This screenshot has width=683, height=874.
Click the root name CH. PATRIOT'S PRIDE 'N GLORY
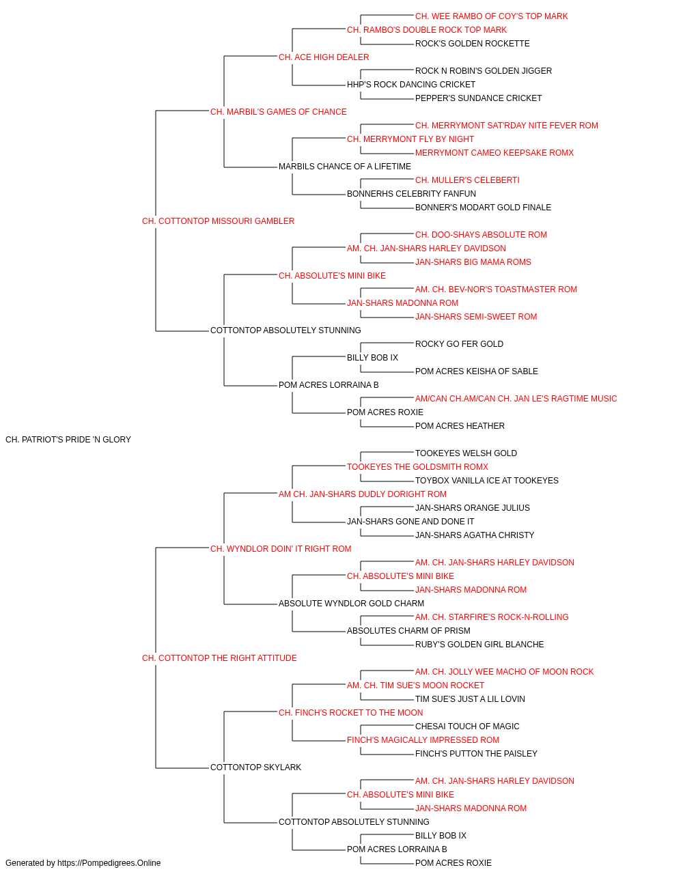pyautogui.click(x=68, y=440)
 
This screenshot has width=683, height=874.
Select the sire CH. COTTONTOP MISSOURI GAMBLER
pyautogui.click(x=218, y=221)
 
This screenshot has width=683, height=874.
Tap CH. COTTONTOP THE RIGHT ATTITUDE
pyautogui.click(x=219, y=658)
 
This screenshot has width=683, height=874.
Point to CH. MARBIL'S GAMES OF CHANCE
pyautogui.click(x=279, y=112)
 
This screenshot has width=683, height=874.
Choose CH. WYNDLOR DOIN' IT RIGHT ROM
pyautogui.click(x=281, y=549)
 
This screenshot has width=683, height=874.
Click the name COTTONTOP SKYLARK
pyautogui.click(x=256, y=767)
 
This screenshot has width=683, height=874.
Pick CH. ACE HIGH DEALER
pyautogui.click(x=324, y=57)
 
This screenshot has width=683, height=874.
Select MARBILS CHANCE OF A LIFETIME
pyautogui.click(x=345, y=167)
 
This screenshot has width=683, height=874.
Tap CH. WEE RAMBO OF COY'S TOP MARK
pyautogui.click(x=492, y=16)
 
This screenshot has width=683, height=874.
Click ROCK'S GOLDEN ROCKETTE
pyautogui.click(x=472, y=44)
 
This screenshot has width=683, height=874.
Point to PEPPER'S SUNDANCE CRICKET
pyautogui.click(x=478, y=98)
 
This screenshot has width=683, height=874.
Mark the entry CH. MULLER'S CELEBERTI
pyautogui.click(x=467, y=180)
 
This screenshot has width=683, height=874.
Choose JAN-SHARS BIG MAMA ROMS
pyautogui.click(x=473, y=262)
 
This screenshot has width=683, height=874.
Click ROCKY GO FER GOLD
pyautogui.click(x=460, y=344)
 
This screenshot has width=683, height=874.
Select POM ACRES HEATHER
pyautogui.click(x=460, y=426)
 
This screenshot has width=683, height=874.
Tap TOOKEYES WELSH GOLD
pyautogui.click(x=466, y=453)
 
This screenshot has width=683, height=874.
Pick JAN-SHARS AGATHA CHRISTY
pyautogui.click(x=475, y=535)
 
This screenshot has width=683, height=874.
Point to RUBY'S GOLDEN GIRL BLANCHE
pyautogui.click(x=479, y=645)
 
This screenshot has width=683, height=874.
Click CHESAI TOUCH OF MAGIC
pyautogui.click(x=467, y=727)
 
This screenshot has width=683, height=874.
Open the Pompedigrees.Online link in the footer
pyautogui.click(x=109, y=863)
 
